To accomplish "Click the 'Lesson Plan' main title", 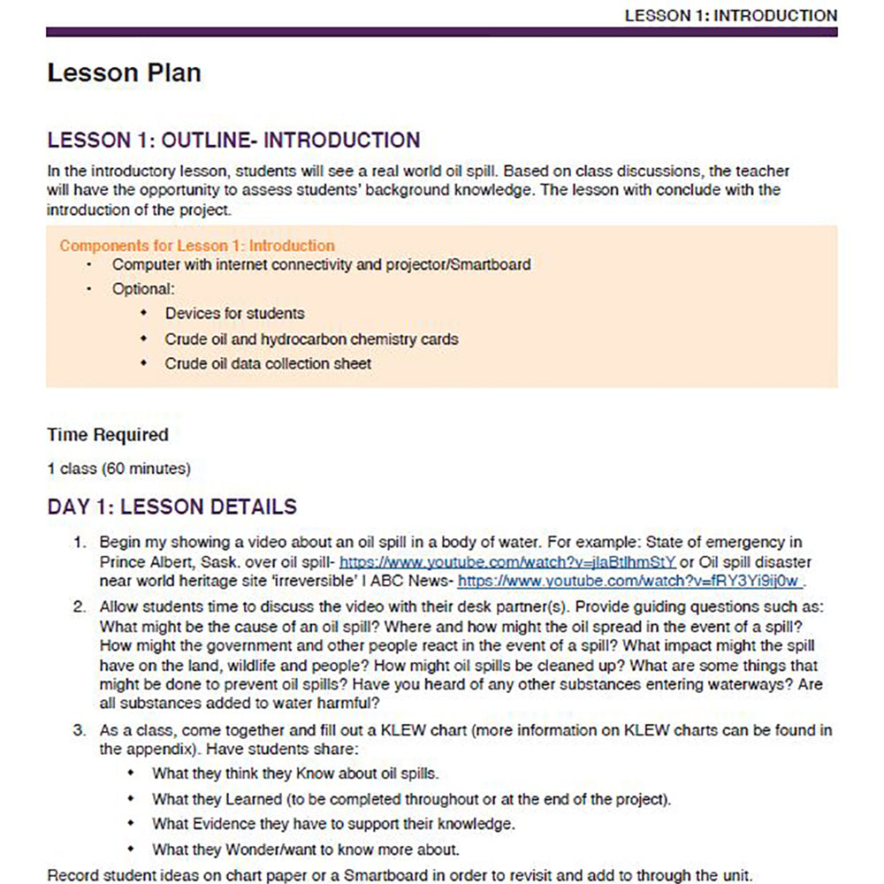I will click(x=124, y=72).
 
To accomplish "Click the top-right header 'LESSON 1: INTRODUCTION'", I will click(x=730, y=15).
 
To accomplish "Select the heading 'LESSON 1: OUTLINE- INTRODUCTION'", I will click(x=233, y=141).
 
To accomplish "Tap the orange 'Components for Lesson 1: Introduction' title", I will click(x=197, y=246).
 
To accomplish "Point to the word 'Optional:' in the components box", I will click(x=143, y=289).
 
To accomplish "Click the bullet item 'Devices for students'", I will click(x=234, y=314).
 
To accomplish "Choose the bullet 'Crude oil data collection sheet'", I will click(x=268, y=363).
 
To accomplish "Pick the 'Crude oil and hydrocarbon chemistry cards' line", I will click(x=311, y=339).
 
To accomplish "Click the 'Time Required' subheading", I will click(x=108, y=435).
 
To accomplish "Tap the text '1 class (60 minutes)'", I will click(x=119, y=469).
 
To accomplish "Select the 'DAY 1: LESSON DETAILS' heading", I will click(x=172, y=507).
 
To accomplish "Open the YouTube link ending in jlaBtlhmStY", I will click(x=507, y=562).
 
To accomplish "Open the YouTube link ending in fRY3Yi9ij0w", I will click(x=629, y=581).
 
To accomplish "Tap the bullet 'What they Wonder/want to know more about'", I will click(x=306, y=850).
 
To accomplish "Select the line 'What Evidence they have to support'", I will click(x=333, y=824).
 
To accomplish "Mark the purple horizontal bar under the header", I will click(x=442, y=32).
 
